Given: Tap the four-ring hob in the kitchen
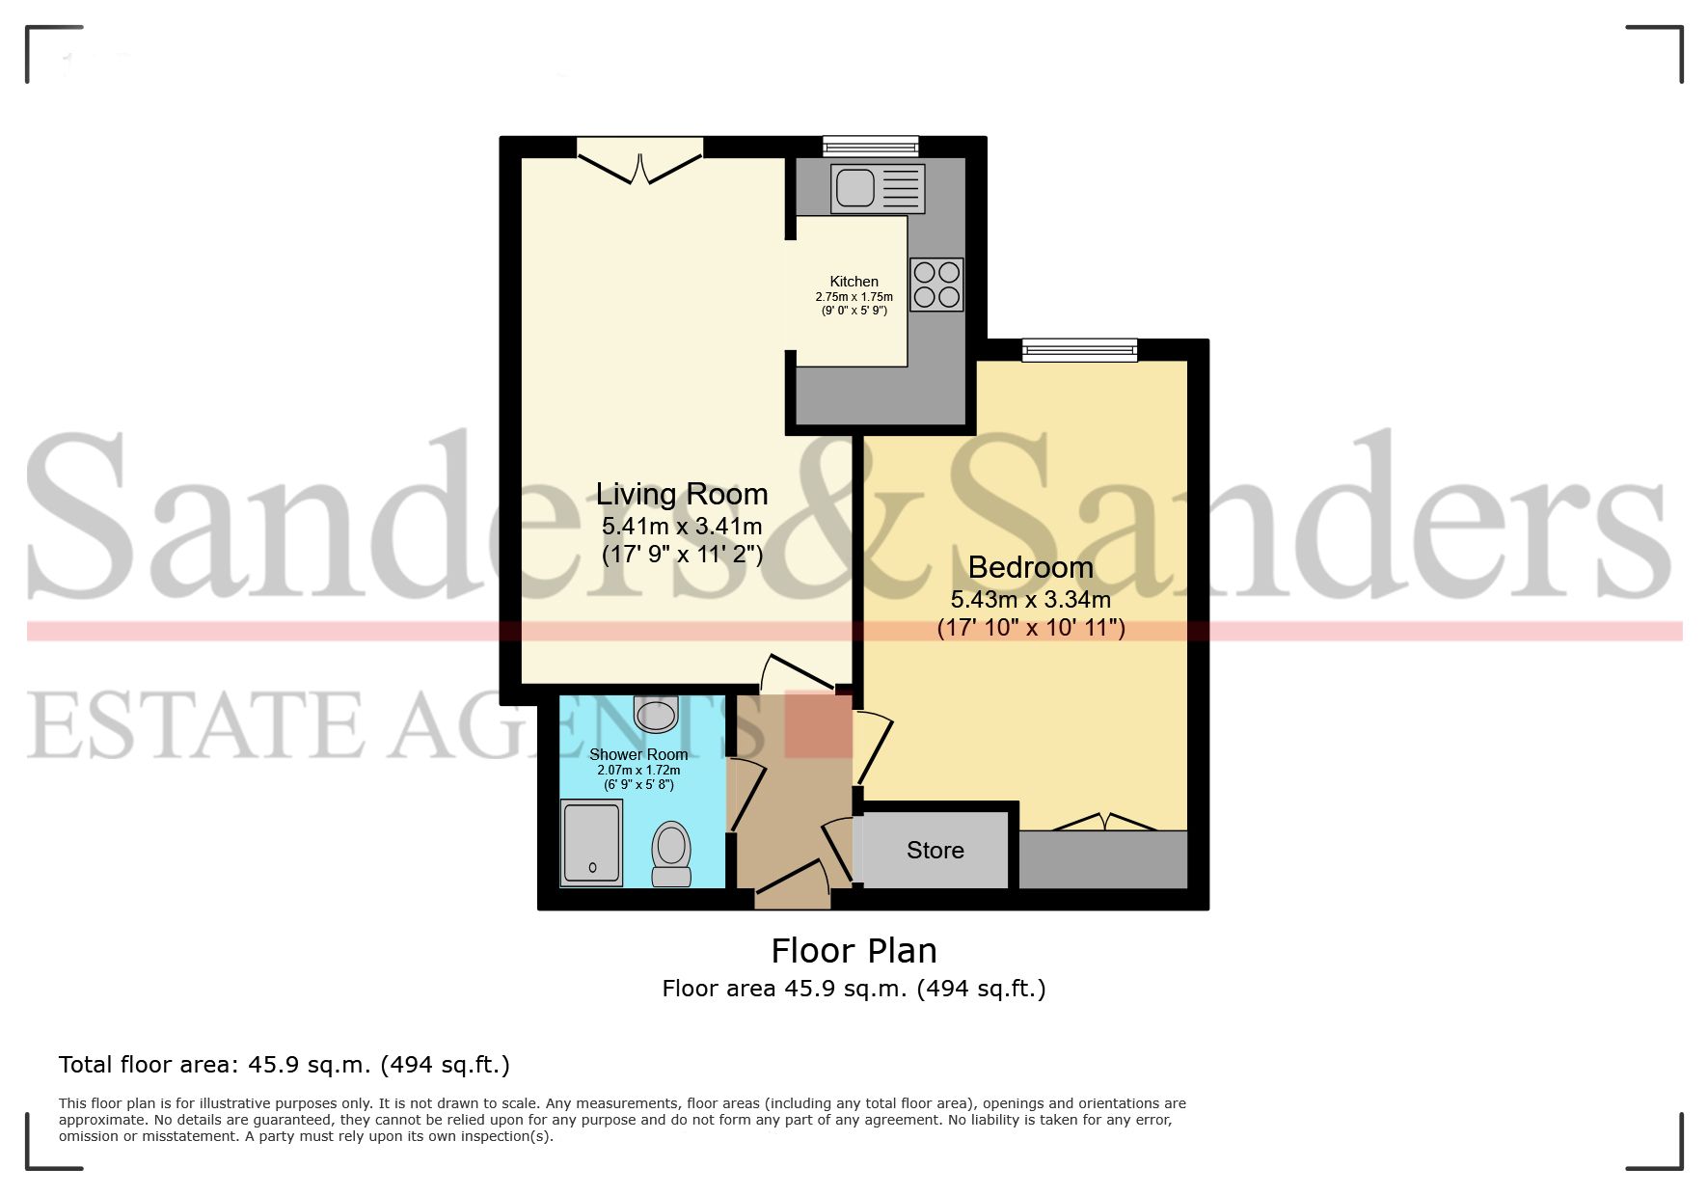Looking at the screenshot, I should click(x=935, y=285).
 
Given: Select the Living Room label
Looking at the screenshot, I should click(x=682, y=494).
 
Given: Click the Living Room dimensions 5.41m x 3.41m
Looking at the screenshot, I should click(x=682, y=527).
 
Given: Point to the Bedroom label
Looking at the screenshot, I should click(x=1030, y=567).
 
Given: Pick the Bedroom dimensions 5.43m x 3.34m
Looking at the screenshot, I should click(x=1030, y=600).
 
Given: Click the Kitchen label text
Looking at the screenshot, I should click(x=854, y=282).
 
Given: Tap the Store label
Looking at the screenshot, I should click(x=935, y=850).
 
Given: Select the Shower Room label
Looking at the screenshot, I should click(x=638, y=754).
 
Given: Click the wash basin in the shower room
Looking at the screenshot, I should click(x=657, y=715).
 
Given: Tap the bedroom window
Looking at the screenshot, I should click(x=1079, y=349).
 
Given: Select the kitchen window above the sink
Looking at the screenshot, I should click(x=870, y=147).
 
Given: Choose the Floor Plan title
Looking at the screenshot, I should click(x=854, y=951).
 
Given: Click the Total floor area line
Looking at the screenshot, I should click(x=285, y=1065).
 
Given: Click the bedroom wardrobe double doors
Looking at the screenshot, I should click(x=1103, y=822).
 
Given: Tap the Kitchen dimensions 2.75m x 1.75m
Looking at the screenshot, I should click(x=854, y=297).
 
